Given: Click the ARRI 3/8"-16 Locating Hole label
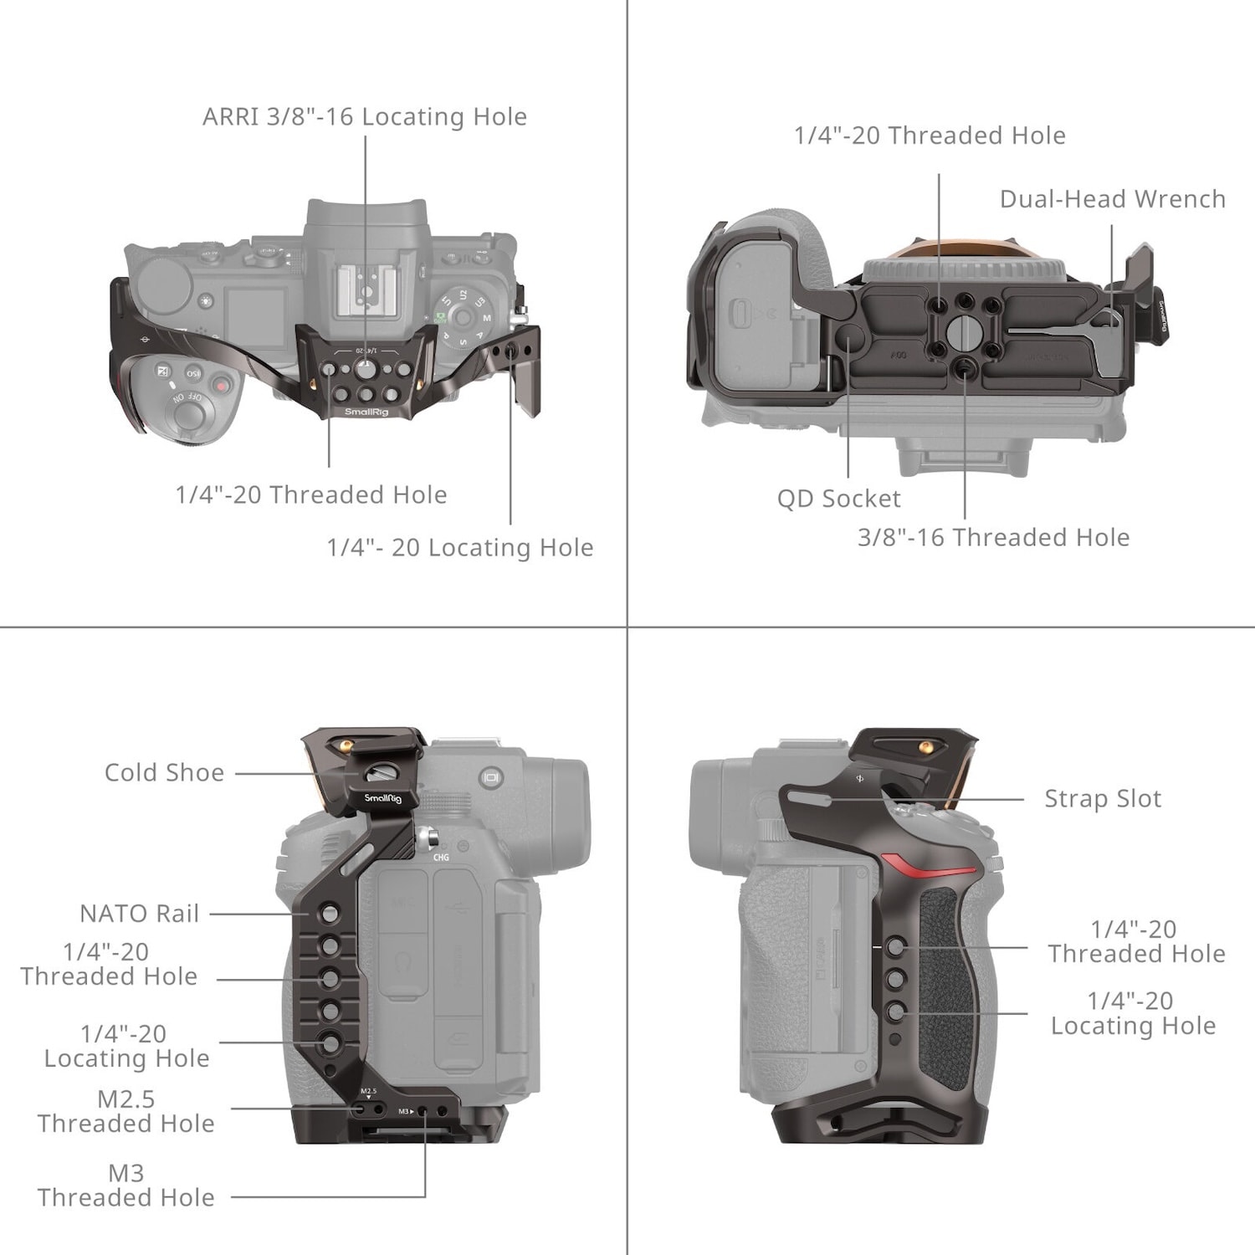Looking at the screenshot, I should [365, 116].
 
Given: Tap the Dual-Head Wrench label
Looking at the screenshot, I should [1112, 199].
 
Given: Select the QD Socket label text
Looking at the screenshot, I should [838, 499].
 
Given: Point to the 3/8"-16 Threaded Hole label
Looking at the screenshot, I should [993, 537].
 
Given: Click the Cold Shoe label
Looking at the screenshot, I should [164, 772].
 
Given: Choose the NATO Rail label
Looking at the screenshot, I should [139, 914].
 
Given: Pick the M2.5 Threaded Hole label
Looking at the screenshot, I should [125, 1111].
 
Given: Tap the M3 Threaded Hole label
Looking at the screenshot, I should [125, 1185].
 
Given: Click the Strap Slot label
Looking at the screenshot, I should [1103, 799].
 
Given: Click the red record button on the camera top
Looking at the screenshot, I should [221, 386].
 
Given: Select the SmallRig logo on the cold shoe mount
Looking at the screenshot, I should [382, 798].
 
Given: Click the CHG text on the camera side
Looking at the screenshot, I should [441, 858].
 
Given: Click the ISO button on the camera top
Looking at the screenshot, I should [193, 372].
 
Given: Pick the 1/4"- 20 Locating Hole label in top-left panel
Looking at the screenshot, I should [459, 548].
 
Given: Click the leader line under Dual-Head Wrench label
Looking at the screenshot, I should [1112, 259].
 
